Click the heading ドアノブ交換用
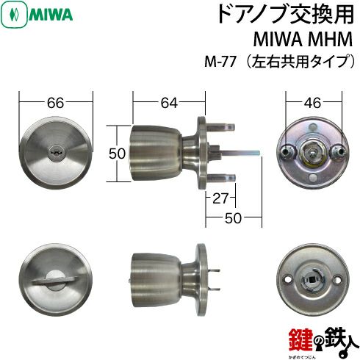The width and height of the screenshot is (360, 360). click(287, 15)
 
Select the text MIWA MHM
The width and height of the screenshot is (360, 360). click(304, 40)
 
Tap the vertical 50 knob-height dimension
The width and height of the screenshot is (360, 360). click(115, 153)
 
